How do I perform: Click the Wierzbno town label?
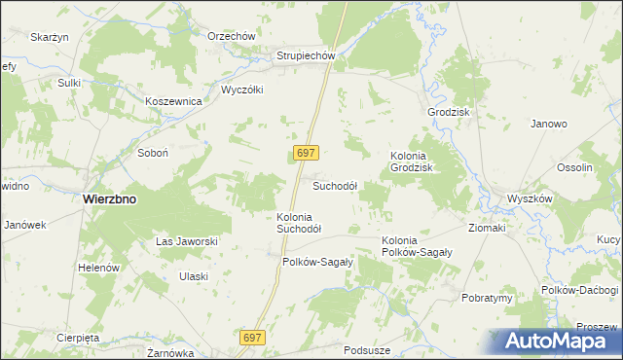point(109,198)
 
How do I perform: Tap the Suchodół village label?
point(335,186)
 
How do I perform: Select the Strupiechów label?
point(306,56)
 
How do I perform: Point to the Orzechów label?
point(232,36)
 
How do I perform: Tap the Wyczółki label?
point(242,89)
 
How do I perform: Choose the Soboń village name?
point(153,154)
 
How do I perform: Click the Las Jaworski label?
point(186,241)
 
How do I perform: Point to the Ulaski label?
point(193,276)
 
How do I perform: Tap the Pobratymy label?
point(487,298)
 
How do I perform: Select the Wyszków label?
point(530,198)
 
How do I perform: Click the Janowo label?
point(549,125)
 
